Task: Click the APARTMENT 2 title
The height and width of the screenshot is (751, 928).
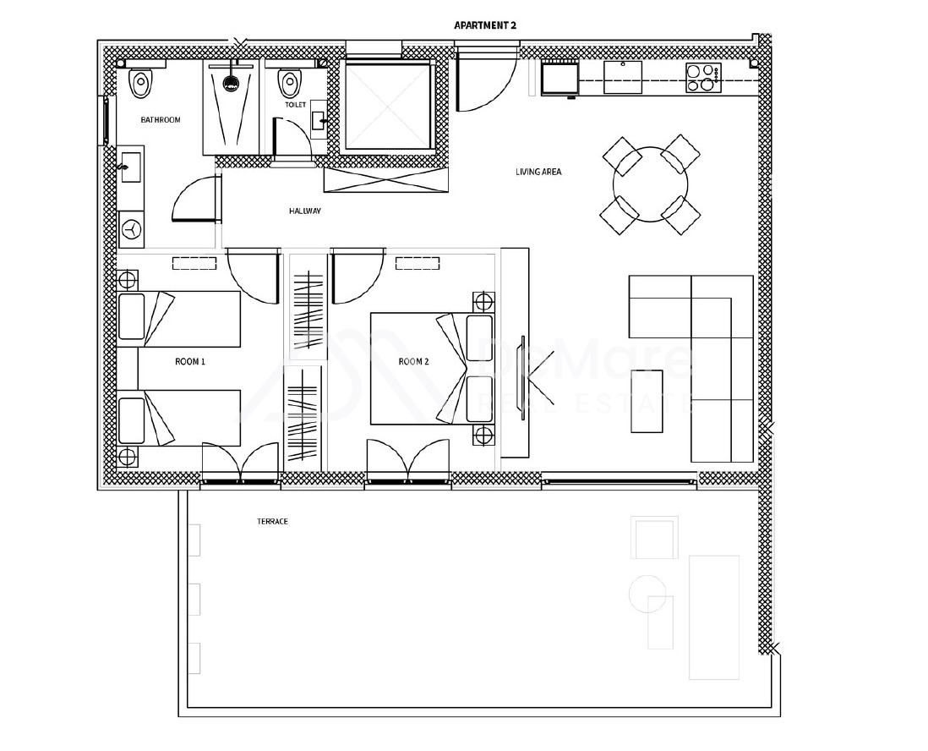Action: click(x=485, y=25)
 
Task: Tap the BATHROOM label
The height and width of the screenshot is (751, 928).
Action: click(x=161, y=119)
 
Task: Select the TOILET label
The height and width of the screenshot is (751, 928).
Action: click(x=295, y=105)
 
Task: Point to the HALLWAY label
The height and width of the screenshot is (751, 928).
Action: click(x=305, y=211)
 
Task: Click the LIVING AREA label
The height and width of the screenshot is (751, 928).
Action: click(x=538, y=172)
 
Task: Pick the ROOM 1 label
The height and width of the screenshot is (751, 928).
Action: click(x=190, y=361)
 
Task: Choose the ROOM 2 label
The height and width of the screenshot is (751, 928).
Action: click(x=413, y=361)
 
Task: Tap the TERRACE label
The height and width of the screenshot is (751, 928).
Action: click(x=272, y=521)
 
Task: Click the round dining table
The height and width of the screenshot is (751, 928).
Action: click(x=651, y=184)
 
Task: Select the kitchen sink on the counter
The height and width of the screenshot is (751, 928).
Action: click(x=623, y=77)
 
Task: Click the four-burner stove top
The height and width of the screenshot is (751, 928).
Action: click(x=704, y=78)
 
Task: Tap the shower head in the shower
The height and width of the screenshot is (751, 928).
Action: click(x=231, y=82)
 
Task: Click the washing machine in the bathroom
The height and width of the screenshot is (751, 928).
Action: click(x=131, y=229)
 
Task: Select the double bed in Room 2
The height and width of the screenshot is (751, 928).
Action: click(x=431, y=369)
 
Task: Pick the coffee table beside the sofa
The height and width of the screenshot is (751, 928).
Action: click(x=647, y=401)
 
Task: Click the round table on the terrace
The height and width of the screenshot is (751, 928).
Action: click(x=647, y=594)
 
